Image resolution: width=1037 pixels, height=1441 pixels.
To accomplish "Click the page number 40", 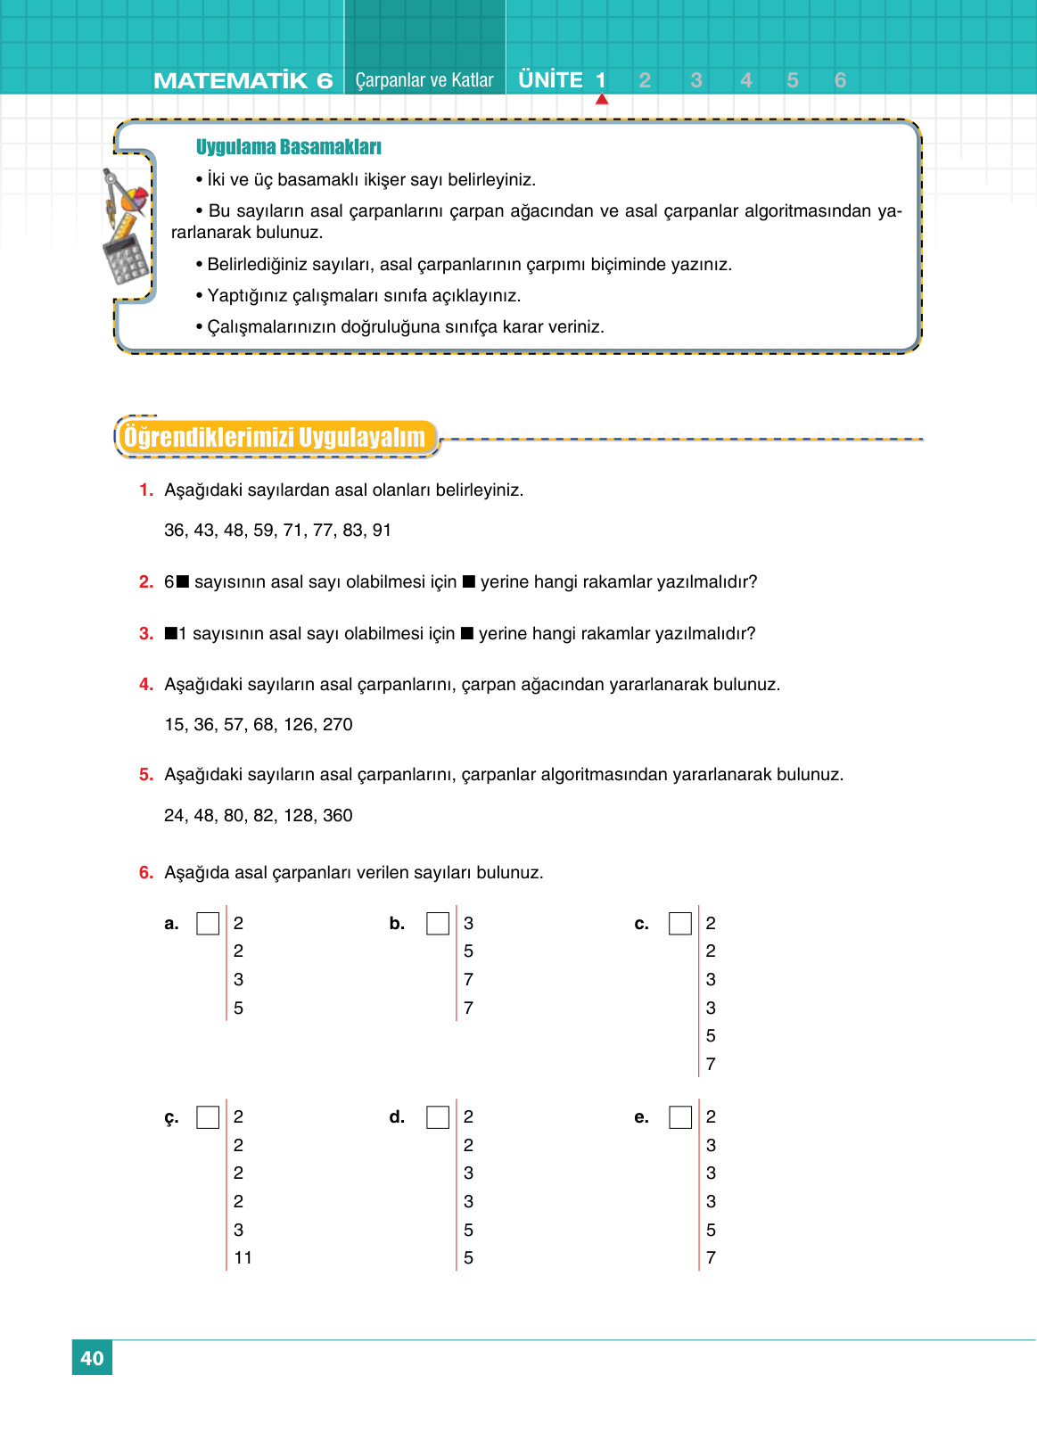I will tap(92, 1358).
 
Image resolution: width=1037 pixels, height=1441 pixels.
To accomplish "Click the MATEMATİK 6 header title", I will tap(243, 81).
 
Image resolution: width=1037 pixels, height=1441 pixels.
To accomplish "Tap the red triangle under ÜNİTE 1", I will tap(602, 100).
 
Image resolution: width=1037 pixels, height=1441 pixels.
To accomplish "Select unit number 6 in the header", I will tap(840, 80).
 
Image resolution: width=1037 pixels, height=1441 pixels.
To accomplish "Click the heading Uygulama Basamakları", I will tap(288, 147).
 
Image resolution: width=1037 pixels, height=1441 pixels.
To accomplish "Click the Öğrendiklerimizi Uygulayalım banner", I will tap(275, 438).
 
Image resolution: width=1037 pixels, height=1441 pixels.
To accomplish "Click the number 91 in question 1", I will tap(382, 531).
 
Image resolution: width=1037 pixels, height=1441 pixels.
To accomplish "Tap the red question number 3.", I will tap(146, 634).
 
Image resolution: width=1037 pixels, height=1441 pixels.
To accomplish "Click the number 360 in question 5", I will tap(337, 816).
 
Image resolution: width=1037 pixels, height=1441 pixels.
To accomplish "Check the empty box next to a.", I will tap(208, 924).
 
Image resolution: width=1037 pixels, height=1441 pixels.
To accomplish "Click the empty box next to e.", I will tap(680, 1117).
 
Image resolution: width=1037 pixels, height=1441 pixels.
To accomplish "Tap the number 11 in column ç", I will tap(243, 1258).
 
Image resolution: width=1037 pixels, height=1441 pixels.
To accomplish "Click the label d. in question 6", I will tap(397, 1117).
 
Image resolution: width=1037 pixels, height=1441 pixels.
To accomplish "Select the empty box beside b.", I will tap(438, 924).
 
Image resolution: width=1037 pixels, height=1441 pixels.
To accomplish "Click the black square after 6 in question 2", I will tap(183, 582).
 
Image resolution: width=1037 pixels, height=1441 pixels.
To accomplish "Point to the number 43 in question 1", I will tap(204, 531).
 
